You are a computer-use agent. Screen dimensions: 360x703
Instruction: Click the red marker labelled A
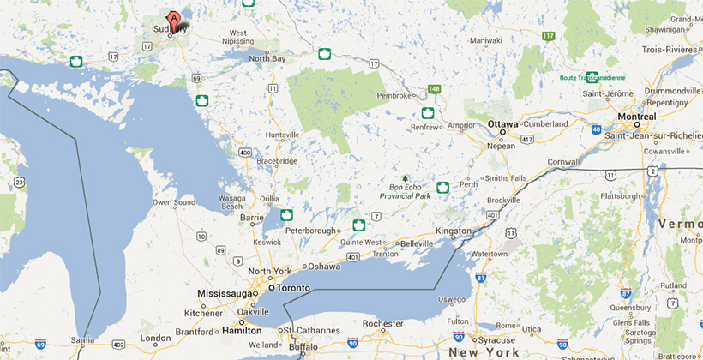174,18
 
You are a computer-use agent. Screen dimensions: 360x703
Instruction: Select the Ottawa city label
502,123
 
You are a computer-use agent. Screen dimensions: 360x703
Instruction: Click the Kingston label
454,231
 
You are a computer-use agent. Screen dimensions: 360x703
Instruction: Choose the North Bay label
267,58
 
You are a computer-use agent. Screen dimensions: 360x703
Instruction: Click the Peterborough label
312,231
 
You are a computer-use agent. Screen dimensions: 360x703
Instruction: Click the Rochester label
383,324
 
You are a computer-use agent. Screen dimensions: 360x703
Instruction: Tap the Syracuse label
497,340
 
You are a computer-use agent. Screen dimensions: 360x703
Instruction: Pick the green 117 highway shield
549,35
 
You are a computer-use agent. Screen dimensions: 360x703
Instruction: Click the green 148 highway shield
435,88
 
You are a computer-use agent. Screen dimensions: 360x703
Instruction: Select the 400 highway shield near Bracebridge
246,153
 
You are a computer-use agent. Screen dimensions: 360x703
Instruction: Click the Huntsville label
283,135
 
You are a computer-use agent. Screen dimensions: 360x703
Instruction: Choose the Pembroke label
394,95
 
